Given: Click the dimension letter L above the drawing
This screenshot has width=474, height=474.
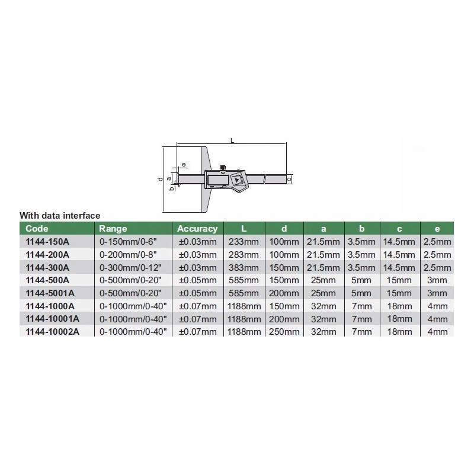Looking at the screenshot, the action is [232, 140].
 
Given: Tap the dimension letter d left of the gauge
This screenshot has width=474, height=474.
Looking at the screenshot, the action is [160, 179].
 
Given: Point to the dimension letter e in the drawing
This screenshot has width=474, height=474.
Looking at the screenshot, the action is [184, 165].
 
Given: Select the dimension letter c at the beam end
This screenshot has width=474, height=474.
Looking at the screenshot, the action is [289, 179].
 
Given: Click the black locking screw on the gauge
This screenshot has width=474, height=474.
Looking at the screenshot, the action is [223, 168].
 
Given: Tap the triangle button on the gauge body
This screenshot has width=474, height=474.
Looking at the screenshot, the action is [236, 180].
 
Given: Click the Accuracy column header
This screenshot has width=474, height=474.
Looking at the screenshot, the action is [197, 229].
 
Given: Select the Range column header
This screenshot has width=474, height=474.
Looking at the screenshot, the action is [113, 229].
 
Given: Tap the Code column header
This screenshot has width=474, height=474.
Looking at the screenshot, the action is [37, 229].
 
